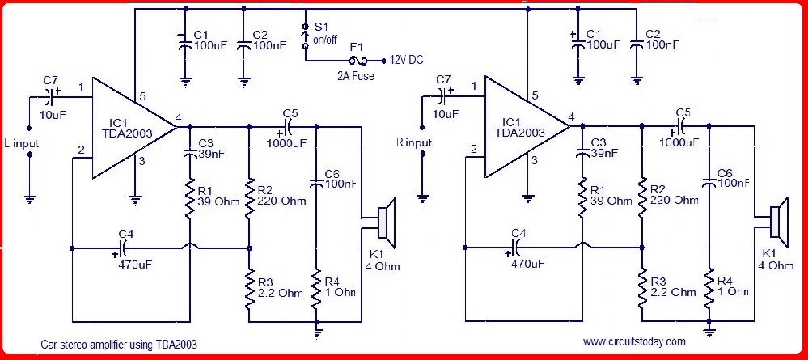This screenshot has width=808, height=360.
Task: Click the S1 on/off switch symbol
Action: [x=305, y=37]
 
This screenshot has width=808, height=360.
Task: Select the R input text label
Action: [x=413, y=142]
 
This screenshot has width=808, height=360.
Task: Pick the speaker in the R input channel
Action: [x=777, y=224]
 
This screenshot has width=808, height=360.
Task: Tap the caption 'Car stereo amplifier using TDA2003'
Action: [x=118, y=344]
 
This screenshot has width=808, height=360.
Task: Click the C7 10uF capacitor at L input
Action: [x=52, y=97]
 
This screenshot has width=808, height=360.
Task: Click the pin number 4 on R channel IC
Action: [x=571, y=117]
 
